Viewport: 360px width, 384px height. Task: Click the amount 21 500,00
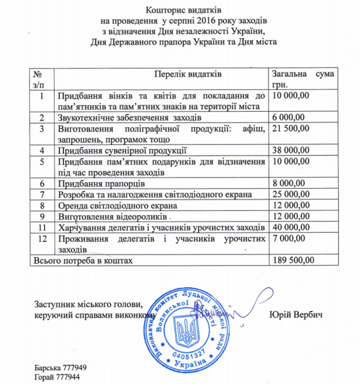point(293,128)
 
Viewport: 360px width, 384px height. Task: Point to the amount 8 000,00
point(290,183)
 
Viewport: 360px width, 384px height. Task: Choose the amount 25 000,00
point(293,194)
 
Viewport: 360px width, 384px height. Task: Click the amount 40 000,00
point(293,227)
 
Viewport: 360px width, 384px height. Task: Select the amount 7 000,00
point(290,238)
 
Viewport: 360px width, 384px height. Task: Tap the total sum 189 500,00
point(295,260)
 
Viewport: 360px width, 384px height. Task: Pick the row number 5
point(41,161)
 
